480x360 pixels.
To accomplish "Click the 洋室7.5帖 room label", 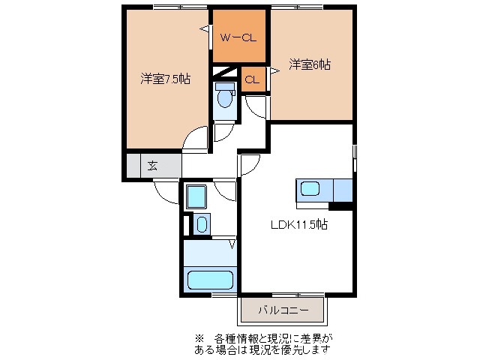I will tap(165, 78).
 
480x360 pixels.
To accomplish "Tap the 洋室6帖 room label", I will tap(310, 65).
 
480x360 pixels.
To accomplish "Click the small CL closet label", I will tap(253, 79).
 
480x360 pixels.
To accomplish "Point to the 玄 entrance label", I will tap(152, 166).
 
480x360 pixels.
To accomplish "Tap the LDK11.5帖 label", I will tap(298, 224).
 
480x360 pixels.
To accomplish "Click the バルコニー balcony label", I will tap(281, 309).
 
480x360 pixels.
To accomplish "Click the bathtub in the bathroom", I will tap(210, 280).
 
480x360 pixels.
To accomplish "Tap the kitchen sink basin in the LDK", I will tap(310, 188).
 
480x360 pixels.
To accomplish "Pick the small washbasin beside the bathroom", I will tap(201, 223).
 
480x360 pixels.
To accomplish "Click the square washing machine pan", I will tap(197, 196).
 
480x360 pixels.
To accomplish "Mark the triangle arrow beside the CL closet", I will tap(274, 70).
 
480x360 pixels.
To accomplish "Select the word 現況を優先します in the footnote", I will tap(300, 349).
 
